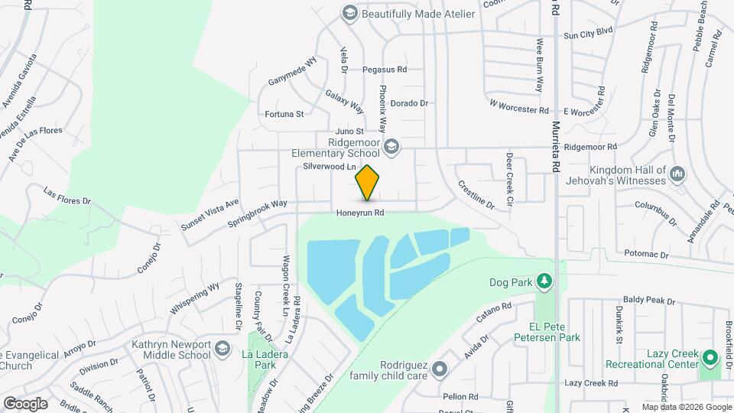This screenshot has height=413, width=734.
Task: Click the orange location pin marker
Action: coord(368,183)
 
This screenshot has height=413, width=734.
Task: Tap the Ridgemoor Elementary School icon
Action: coord(391,146)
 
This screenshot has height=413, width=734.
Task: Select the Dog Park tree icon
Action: coord(544,282)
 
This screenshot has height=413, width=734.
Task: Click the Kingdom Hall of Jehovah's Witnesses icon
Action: coord(677,174)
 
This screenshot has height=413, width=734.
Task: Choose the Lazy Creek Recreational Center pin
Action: coord(710,358)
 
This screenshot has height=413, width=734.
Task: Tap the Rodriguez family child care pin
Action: coord(440,369)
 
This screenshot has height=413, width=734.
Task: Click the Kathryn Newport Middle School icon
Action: coord(222,349)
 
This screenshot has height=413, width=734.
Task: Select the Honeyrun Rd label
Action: coord(359,213)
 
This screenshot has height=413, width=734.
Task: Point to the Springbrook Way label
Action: coord(257,214)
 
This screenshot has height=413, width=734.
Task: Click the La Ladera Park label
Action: coord(259,359)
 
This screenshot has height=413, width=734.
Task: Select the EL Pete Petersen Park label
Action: coord(547,330)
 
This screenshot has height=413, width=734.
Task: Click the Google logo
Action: coord(25,403)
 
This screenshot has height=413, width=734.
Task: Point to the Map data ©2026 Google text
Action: coord(686,407)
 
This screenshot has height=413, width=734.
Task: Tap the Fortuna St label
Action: coord(284,115)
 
